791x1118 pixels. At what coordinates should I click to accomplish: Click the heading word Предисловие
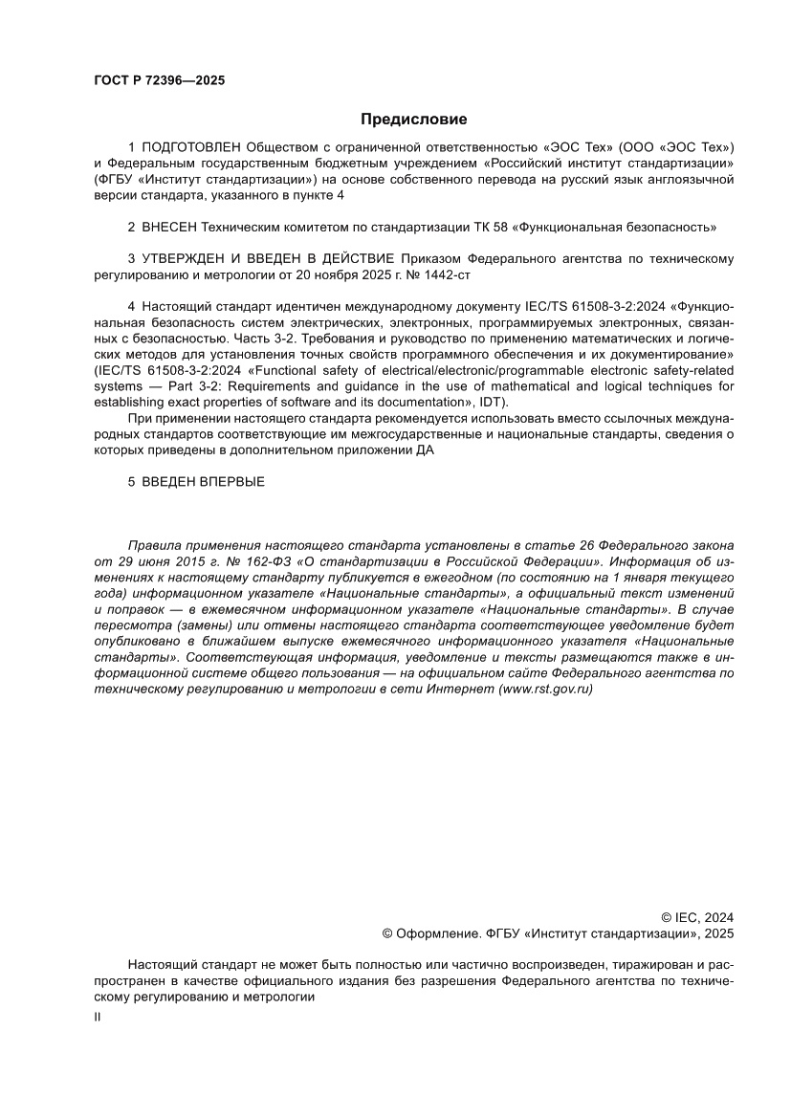point(413,120)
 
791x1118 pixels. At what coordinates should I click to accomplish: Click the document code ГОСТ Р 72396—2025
point(159,81)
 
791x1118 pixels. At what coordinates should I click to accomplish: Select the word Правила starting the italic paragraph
point(152,544)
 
